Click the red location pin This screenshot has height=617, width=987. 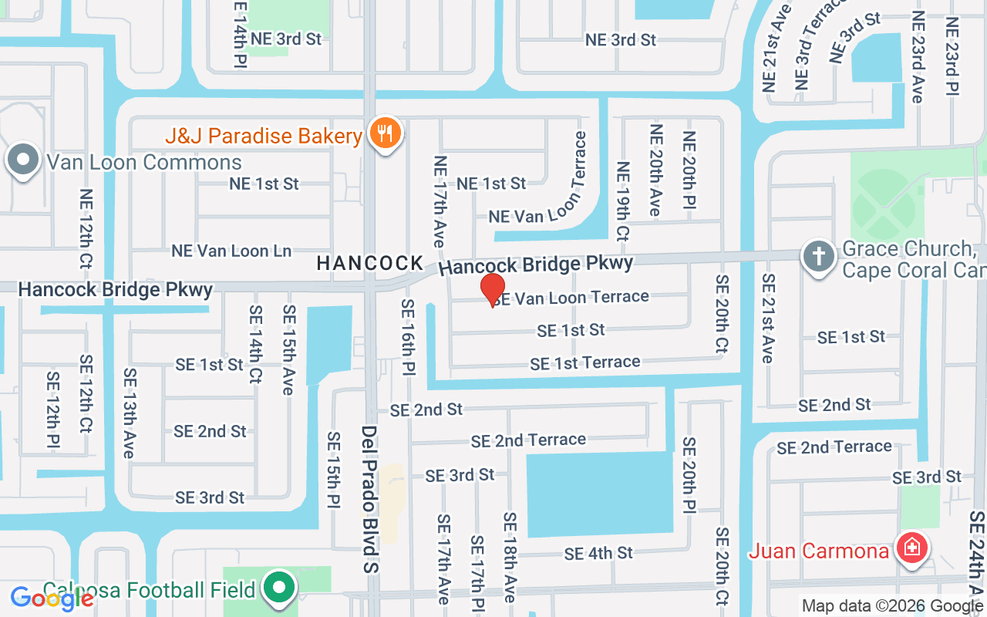coord(493,289)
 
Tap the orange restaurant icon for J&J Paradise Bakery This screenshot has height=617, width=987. coord(383,133)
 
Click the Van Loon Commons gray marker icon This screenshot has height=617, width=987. coord(23,160)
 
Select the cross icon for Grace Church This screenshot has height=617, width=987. coord(818,256)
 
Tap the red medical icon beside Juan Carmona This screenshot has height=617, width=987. coord(912,548)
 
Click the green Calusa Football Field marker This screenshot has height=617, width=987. coord(280,588)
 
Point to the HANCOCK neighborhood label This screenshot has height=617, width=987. coord(370,264)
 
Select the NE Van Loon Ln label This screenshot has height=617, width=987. coord(231,251)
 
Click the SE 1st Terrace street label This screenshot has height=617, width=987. coord(584,362)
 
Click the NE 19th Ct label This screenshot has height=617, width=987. coord(622,201)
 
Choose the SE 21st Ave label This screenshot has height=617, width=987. coord(768,318)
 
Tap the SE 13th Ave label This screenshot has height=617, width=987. coord(129,413)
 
